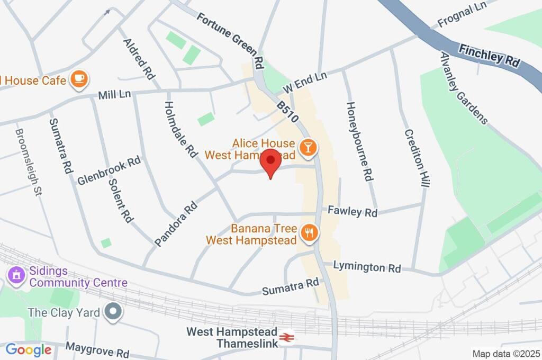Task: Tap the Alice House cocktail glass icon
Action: point(307,148)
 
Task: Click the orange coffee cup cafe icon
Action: point(79,79)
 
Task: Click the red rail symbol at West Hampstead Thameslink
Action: point(287,336)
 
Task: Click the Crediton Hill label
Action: point(417,158)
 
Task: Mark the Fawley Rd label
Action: point(352,212)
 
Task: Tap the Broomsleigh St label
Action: point(28,162)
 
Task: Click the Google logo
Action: point(28,350)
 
